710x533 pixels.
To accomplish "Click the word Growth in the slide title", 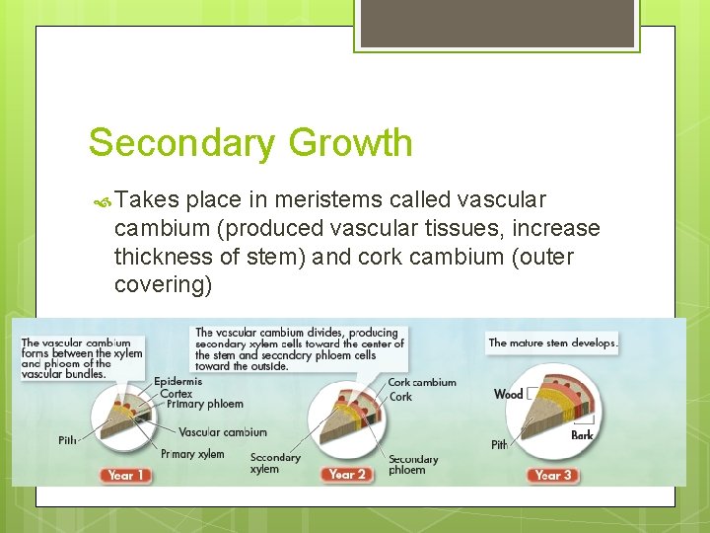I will click(x=351, y=143).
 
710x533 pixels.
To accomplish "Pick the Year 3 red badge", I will click(x=553, y=475).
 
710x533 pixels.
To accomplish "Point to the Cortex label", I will click(x=177, y=393).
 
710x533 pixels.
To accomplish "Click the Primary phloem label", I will click(x=204, y=404).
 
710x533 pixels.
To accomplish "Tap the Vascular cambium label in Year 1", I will click(x=223, y=432).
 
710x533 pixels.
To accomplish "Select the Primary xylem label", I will click(x=192, y=454).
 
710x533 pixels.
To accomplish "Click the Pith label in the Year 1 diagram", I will click(x=67, y=440).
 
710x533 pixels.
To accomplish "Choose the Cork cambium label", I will click(x=422, y=382).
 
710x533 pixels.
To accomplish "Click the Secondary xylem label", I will click(x=275, y=463).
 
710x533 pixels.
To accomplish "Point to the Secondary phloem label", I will click(x=413, y=464).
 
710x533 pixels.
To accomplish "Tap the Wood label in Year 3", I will click(x=508, y=394).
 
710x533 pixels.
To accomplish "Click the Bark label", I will click(x=583, y=435).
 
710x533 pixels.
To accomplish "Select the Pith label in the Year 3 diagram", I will click(x=499, y=445).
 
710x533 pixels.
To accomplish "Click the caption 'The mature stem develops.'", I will click(x=552, y=343).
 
